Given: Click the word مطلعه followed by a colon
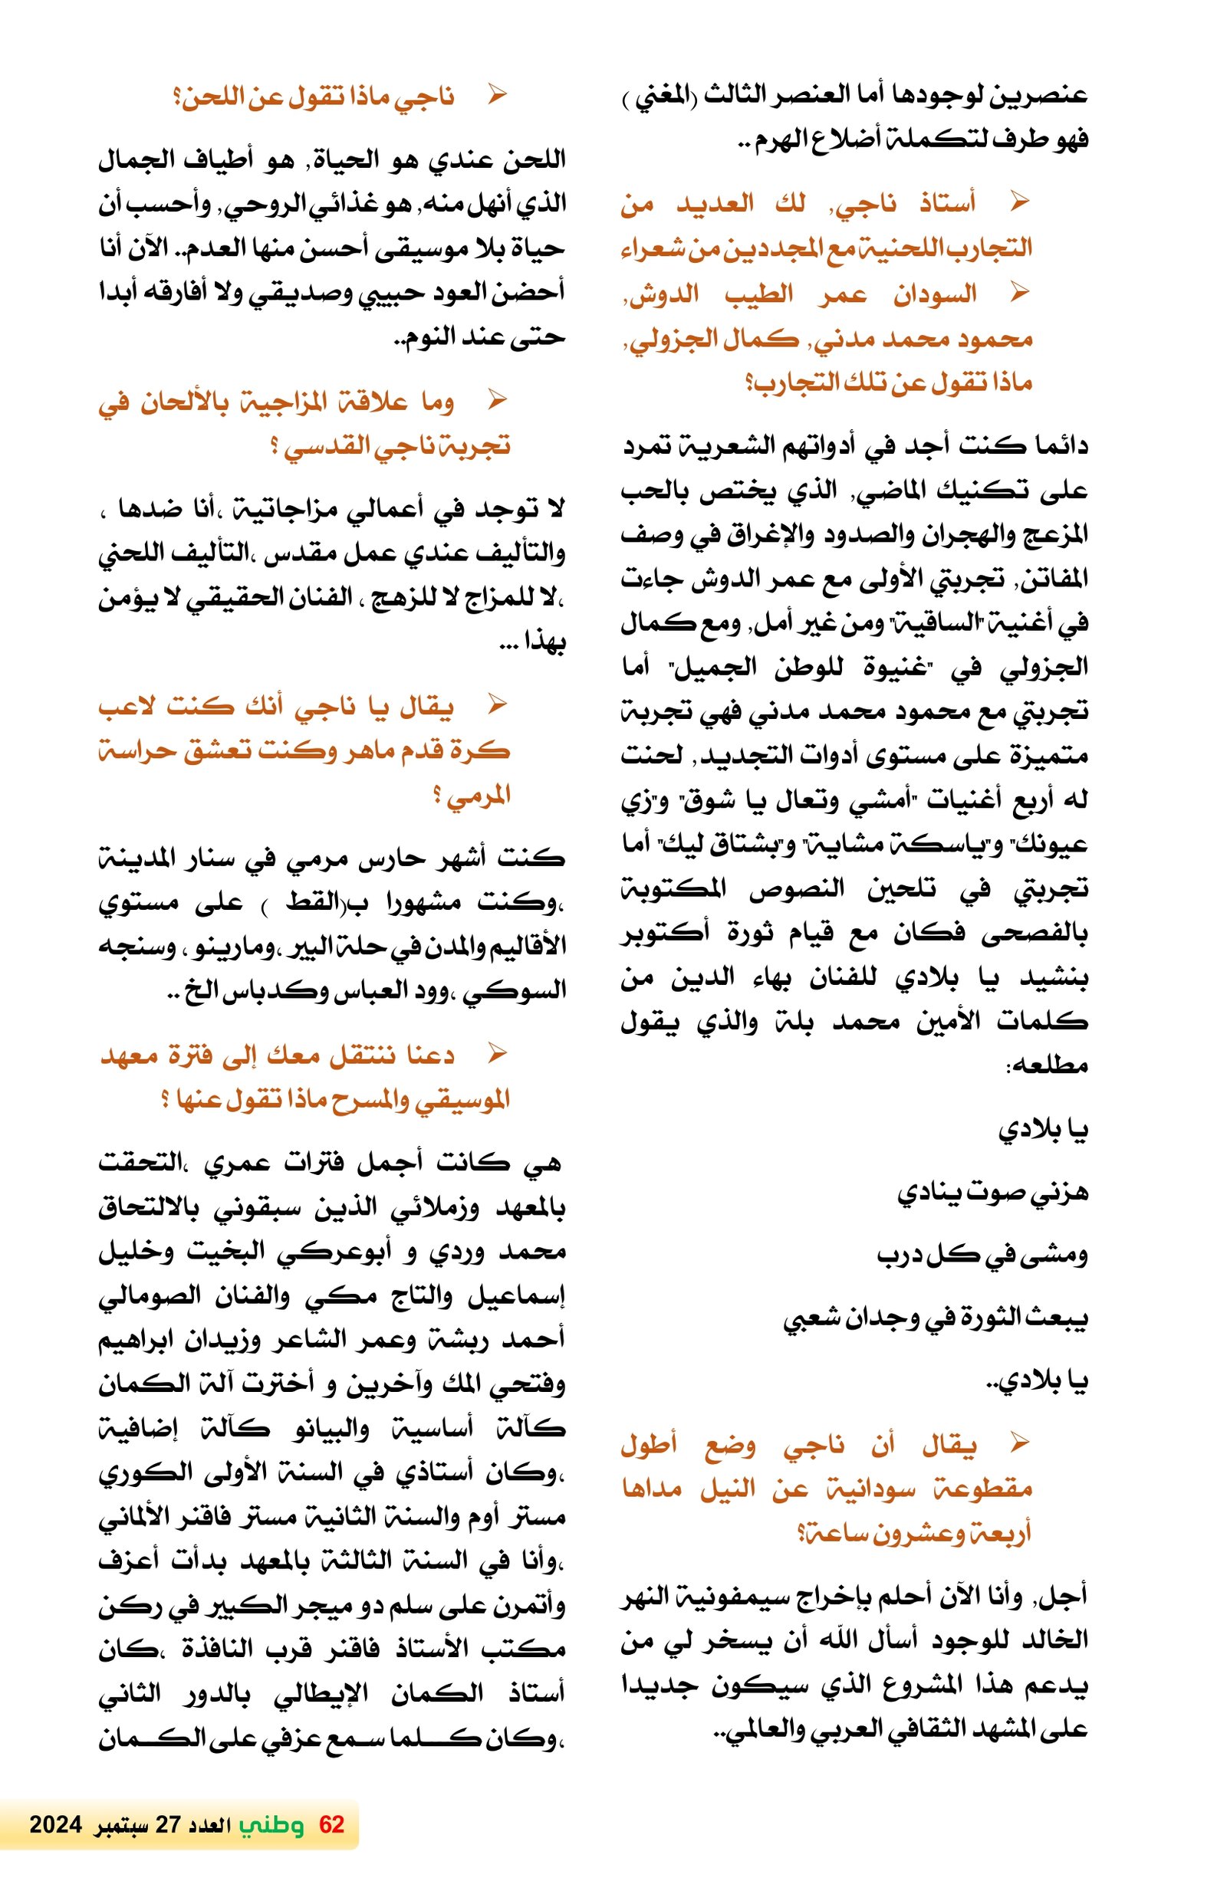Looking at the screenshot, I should pos(1049,1065).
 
